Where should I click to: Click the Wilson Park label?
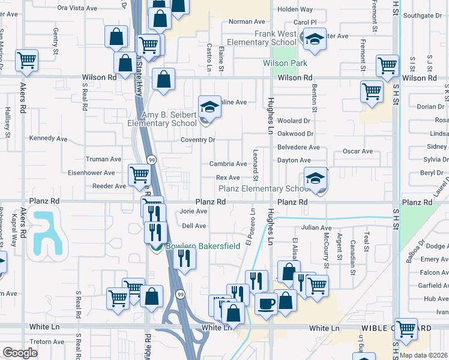[285, 63]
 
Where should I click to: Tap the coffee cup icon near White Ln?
[265, 303]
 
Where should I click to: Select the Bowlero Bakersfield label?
[203, 246]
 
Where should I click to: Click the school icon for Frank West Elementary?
[315, 38]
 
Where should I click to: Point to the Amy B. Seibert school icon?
[208, 107]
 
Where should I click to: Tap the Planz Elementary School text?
[264, 188]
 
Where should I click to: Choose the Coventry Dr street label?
[198, 140]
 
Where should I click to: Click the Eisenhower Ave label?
[100, 173]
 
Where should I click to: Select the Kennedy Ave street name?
[49, 139]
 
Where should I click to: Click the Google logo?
[20, 353]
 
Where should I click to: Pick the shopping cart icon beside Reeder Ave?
[139, 175]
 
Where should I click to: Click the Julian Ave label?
[316, 228]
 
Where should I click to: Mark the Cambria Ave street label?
[228, 164]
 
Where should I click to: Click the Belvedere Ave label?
[298, 148]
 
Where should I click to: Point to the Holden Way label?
[295, 10]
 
